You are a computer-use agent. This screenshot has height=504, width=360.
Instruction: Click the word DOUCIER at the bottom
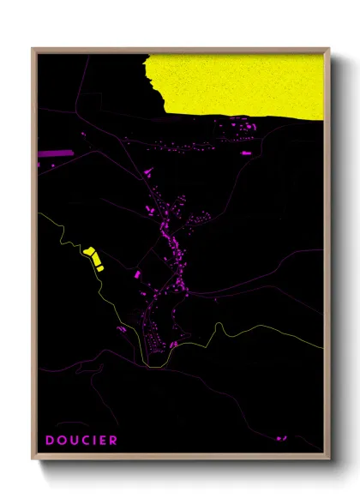(x=82, y=441)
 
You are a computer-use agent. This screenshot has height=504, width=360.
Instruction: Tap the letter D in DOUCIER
(x=51, y=441)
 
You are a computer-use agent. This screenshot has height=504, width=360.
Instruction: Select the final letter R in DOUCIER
(x=114, y=441)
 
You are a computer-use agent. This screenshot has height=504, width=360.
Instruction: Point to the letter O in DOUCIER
(x=62, y=441)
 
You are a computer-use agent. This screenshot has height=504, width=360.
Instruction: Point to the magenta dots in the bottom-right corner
(x=280, y=439)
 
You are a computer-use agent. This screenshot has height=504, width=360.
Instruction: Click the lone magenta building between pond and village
(x=137, y=274)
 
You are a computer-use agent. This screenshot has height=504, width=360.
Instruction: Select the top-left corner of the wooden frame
(x=33, y=49)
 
